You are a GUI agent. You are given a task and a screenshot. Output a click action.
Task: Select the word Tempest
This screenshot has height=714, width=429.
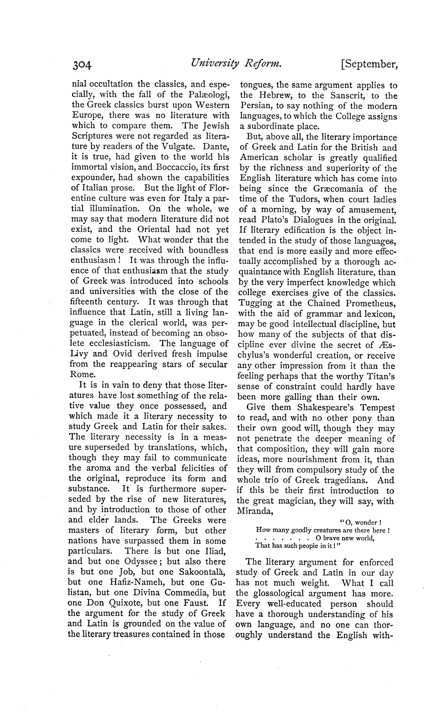click(377, 408)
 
